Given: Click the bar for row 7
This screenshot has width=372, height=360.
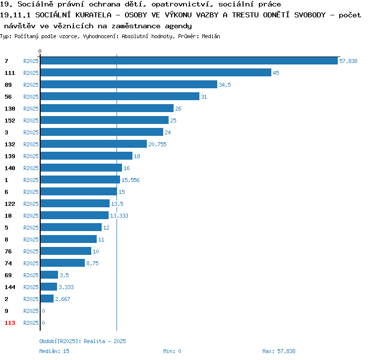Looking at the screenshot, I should [x=188, y=60].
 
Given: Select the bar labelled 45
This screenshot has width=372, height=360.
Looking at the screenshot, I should [x=156, y=72].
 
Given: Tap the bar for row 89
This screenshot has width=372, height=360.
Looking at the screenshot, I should [x=128, y=84].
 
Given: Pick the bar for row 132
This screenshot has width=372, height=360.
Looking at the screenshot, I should [x=93, y=144].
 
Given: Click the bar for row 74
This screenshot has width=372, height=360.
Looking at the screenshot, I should [x=62, y=263].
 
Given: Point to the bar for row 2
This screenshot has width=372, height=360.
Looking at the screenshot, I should [x=47, y=299].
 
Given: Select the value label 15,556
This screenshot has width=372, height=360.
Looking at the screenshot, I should [x=130, y=180].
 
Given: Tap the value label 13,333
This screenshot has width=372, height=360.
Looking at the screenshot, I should [x=119, y=215].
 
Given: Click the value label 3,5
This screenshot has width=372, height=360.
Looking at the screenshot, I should [x=64, y=275].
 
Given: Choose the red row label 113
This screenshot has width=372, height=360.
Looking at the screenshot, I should [x=10, y=323].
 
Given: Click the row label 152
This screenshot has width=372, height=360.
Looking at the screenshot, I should [x=10, y=120].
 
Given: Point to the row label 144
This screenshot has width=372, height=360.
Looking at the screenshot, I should [x=10, y=287].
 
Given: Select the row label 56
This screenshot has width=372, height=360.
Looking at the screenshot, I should [x=8, y=97].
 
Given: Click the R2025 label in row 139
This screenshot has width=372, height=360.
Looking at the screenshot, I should [x=31, y=156].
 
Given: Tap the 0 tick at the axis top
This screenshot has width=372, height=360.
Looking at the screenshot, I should [x=40, y=51].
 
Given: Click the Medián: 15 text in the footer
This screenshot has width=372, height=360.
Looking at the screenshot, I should [x=55, y=351].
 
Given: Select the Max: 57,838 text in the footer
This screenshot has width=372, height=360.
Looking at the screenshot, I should [x=279, y=351].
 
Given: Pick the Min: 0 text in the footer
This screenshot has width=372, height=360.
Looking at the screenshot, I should [x=172, y=351].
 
